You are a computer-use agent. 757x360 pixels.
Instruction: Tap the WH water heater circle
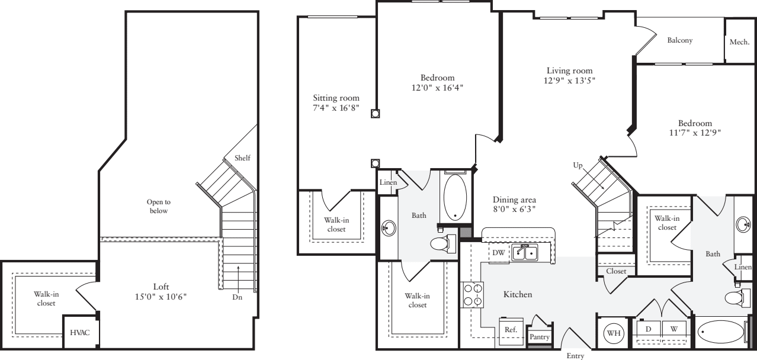point(614,333)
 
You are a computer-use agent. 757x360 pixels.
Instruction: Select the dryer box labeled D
point(648,328)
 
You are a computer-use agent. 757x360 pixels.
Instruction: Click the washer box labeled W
point(673,328)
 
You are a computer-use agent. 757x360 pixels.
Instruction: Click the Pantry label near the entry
point(540,337)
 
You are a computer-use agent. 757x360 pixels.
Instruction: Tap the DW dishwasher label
point(498,252)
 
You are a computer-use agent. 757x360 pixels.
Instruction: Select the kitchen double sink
point(525,253)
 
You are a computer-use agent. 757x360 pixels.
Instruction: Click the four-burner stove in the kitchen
point(473,295)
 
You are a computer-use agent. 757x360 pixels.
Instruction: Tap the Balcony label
point(679,41)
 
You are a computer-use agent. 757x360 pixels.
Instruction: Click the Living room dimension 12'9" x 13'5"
point(569,81)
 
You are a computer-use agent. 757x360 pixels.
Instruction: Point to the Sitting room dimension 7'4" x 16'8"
point(336,108)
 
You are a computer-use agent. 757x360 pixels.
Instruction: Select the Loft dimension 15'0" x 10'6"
point(161,297)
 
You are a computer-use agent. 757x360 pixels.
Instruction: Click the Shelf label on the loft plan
point(242,157)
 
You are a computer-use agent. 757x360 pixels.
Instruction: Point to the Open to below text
point(158,206)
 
